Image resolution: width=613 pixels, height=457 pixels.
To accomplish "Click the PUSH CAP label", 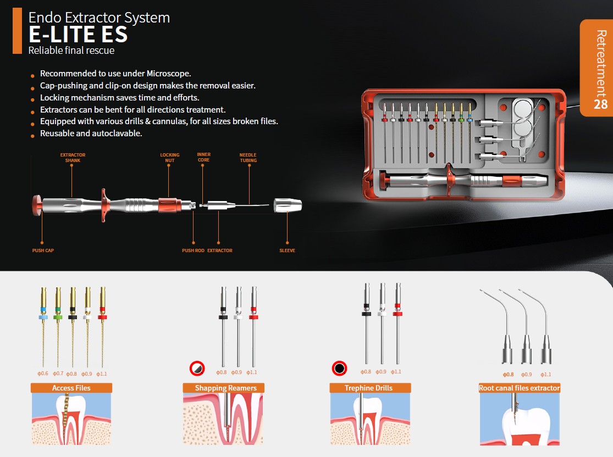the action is coord(43,250).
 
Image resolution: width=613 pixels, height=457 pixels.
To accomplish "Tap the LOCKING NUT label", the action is coord(170,158).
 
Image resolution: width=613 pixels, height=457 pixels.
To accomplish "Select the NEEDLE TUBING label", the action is coord(248,158).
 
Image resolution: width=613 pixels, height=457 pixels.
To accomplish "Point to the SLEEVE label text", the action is coord(288,250).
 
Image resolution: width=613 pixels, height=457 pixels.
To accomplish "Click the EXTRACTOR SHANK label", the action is coord(73,158).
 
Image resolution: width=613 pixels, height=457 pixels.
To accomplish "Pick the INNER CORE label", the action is coord(203,157).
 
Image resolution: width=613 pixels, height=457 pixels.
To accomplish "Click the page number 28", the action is coord(601,104).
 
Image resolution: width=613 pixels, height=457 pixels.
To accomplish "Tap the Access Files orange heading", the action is coord(71,388).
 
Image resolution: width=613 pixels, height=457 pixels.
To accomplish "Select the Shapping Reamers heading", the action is coord(225,388).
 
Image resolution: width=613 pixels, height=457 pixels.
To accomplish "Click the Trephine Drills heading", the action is coord(369,388).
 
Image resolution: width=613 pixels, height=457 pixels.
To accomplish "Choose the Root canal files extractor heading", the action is coord(520,388).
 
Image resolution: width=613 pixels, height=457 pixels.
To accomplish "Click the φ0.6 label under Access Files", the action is coord(43,374).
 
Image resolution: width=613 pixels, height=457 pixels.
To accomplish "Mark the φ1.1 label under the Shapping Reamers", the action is coord(252,372).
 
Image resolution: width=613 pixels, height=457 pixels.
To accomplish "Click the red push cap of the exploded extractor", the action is coord(37,205).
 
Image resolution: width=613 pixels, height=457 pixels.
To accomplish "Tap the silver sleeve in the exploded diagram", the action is coord(288,205).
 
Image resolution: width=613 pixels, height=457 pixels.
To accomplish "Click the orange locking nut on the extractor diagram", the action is coord(169,205).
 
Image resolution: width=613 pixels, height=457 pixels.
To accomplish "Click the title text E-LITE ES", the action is coord(78,34).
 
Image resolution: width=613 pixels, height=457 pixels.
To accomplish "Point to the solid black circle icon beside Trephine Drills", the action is coord(339,369).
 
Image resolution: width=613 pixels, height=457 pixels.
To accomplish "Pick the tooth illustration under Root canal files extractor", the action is coord(520,419).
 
